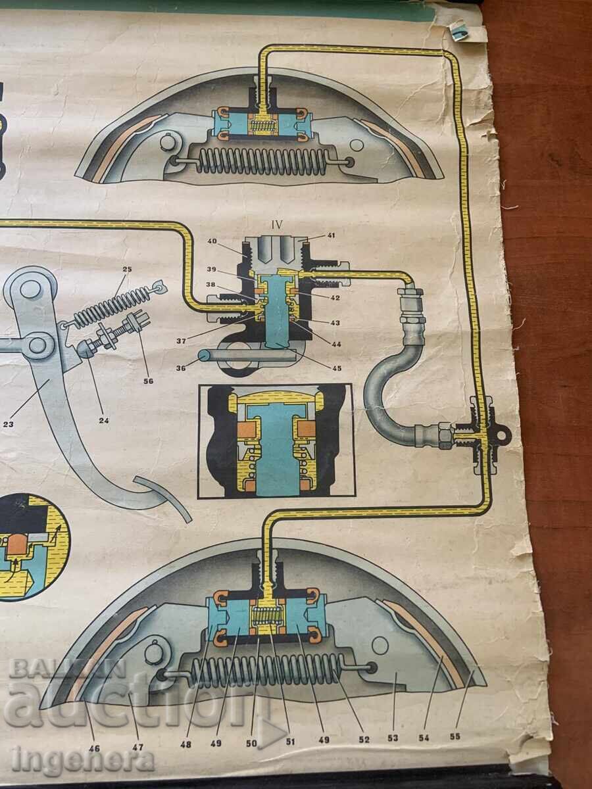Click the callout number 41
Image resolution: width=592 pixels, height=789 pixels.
point(331,236)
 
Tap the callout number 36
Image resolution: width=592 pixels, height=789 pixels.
point(182,368)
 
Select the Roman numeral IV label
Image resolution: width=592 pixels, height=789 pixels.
point(277,225)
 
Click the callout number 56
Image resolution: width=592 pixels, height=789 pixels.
point(148,381)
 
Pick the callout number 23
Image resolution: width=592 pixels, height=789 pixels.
point(9,425)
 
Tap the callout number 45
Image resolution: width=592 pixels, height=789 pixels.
point(337,368)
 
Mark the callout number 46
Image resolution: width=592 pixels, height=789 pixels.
point(94,748)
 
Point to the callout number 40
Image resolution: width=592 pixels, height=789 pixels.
point(212,241)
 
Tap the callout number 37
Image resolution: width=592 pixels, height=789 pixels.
point(181,341)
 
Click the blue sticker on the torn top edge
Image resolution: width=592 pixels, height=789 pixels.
point(460,33)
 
